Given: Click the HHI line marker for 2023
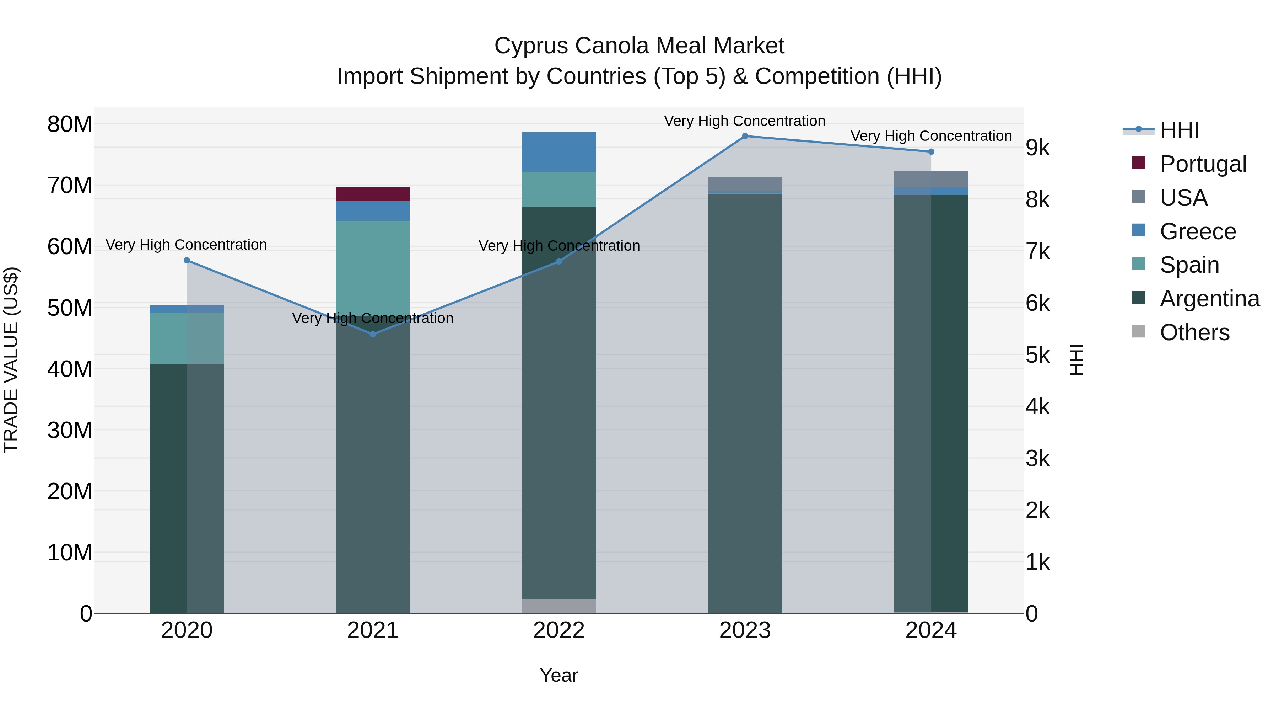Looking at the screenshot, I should pyautogui.click(x=745, y=136).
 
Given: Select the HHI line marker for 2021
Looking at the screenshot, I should pyautogui.click(x=373, y=335).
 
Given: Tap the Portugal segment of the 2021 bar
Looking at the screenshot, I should pyautogui.click(x=373, y=194).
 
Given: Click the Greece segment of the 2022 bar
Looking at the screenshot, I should pyautogui.click(x=558, y=152).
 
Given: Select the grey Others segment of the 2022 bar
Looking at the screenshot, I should pyautogui.click(x=558, y=606).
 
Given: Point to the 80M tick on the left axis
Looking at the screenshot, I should pyautogui.click(x=70, y=124).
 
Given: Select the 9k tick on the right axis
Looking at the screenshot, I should pyautogui.click(x=1038, y=148).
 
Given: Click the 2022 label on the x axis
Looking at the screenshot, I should pyautogui.click(x=558, y=630).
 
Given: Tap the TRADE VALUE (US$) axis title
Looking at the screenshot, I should pyautogui.click(x=11, y=360).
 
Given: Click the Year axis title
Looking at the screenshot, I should pyautogui.click(x=558, y=675).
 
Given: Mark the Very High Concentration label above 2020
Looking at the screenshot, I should pyautogui.click(x=187, y=245).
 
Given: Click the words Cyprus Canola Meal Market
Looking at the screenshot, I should pyautogui.click(x=639, y=46).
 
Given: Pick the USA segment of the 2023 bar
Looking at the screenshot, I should pyautogui.click(x=745, y=184).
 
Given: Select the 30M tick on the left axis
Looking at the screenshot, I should pyautogui.click(x=70, y=430).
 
